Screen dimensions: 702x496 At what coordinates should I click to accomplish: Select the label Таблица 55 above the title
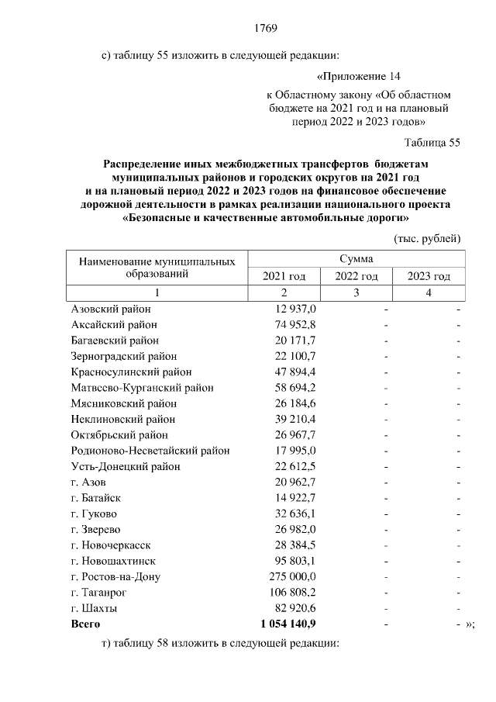tap(432, 143)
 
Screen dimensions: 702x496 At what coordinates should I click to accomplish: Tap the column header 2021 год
tap(284, 276)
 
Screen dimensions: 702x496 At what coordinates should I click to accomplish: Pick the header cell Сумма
tap(356, 258)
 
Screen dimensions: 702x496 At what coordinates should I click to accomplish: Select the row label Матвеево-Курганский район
tap(142, 387)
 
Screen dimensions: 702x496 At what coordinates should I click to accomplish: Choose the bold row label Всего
tap(85, 624)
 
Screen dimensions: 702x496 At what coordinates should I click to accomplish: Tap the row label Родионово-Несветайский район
tap(150, 450)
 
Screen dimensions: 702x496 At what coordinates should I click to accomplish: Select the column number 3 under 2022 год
tap(356, 292)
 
